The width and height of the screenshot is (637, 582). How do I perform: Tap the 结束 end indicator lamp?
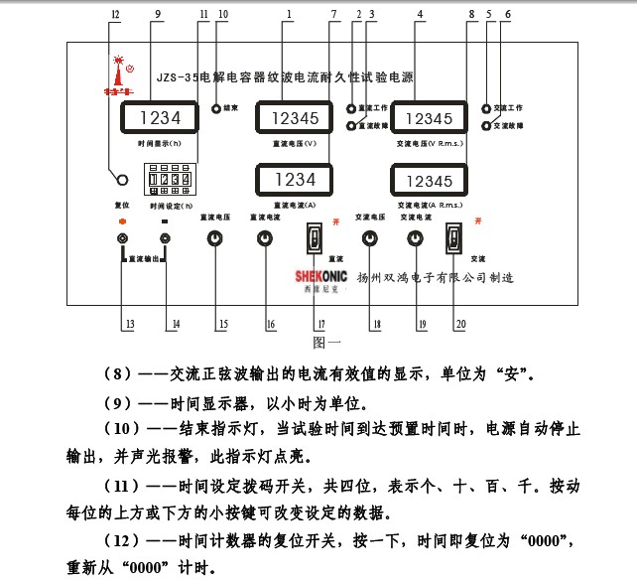point(215,107)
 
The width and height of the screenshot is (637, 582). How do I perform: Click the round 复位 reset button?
point(123,180)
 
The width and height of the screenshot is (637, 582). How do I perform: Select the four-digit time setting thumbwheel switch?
point(166,181)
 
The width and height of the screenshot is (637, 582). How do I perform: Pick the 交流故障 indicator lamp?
point(485,126)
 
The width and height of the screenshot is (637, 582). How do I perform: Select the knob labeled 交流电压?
point(370,238)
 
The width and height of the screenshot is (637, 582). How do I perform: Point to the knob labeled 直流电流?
point(264,238)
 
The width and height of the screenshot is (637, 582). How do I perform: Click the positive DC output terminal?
point(123,238)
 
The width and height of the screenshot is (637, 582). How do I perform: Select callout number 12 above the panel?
point(116,15)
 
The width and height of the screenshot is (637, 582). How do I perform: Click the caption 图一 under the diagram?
point(326,343)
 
